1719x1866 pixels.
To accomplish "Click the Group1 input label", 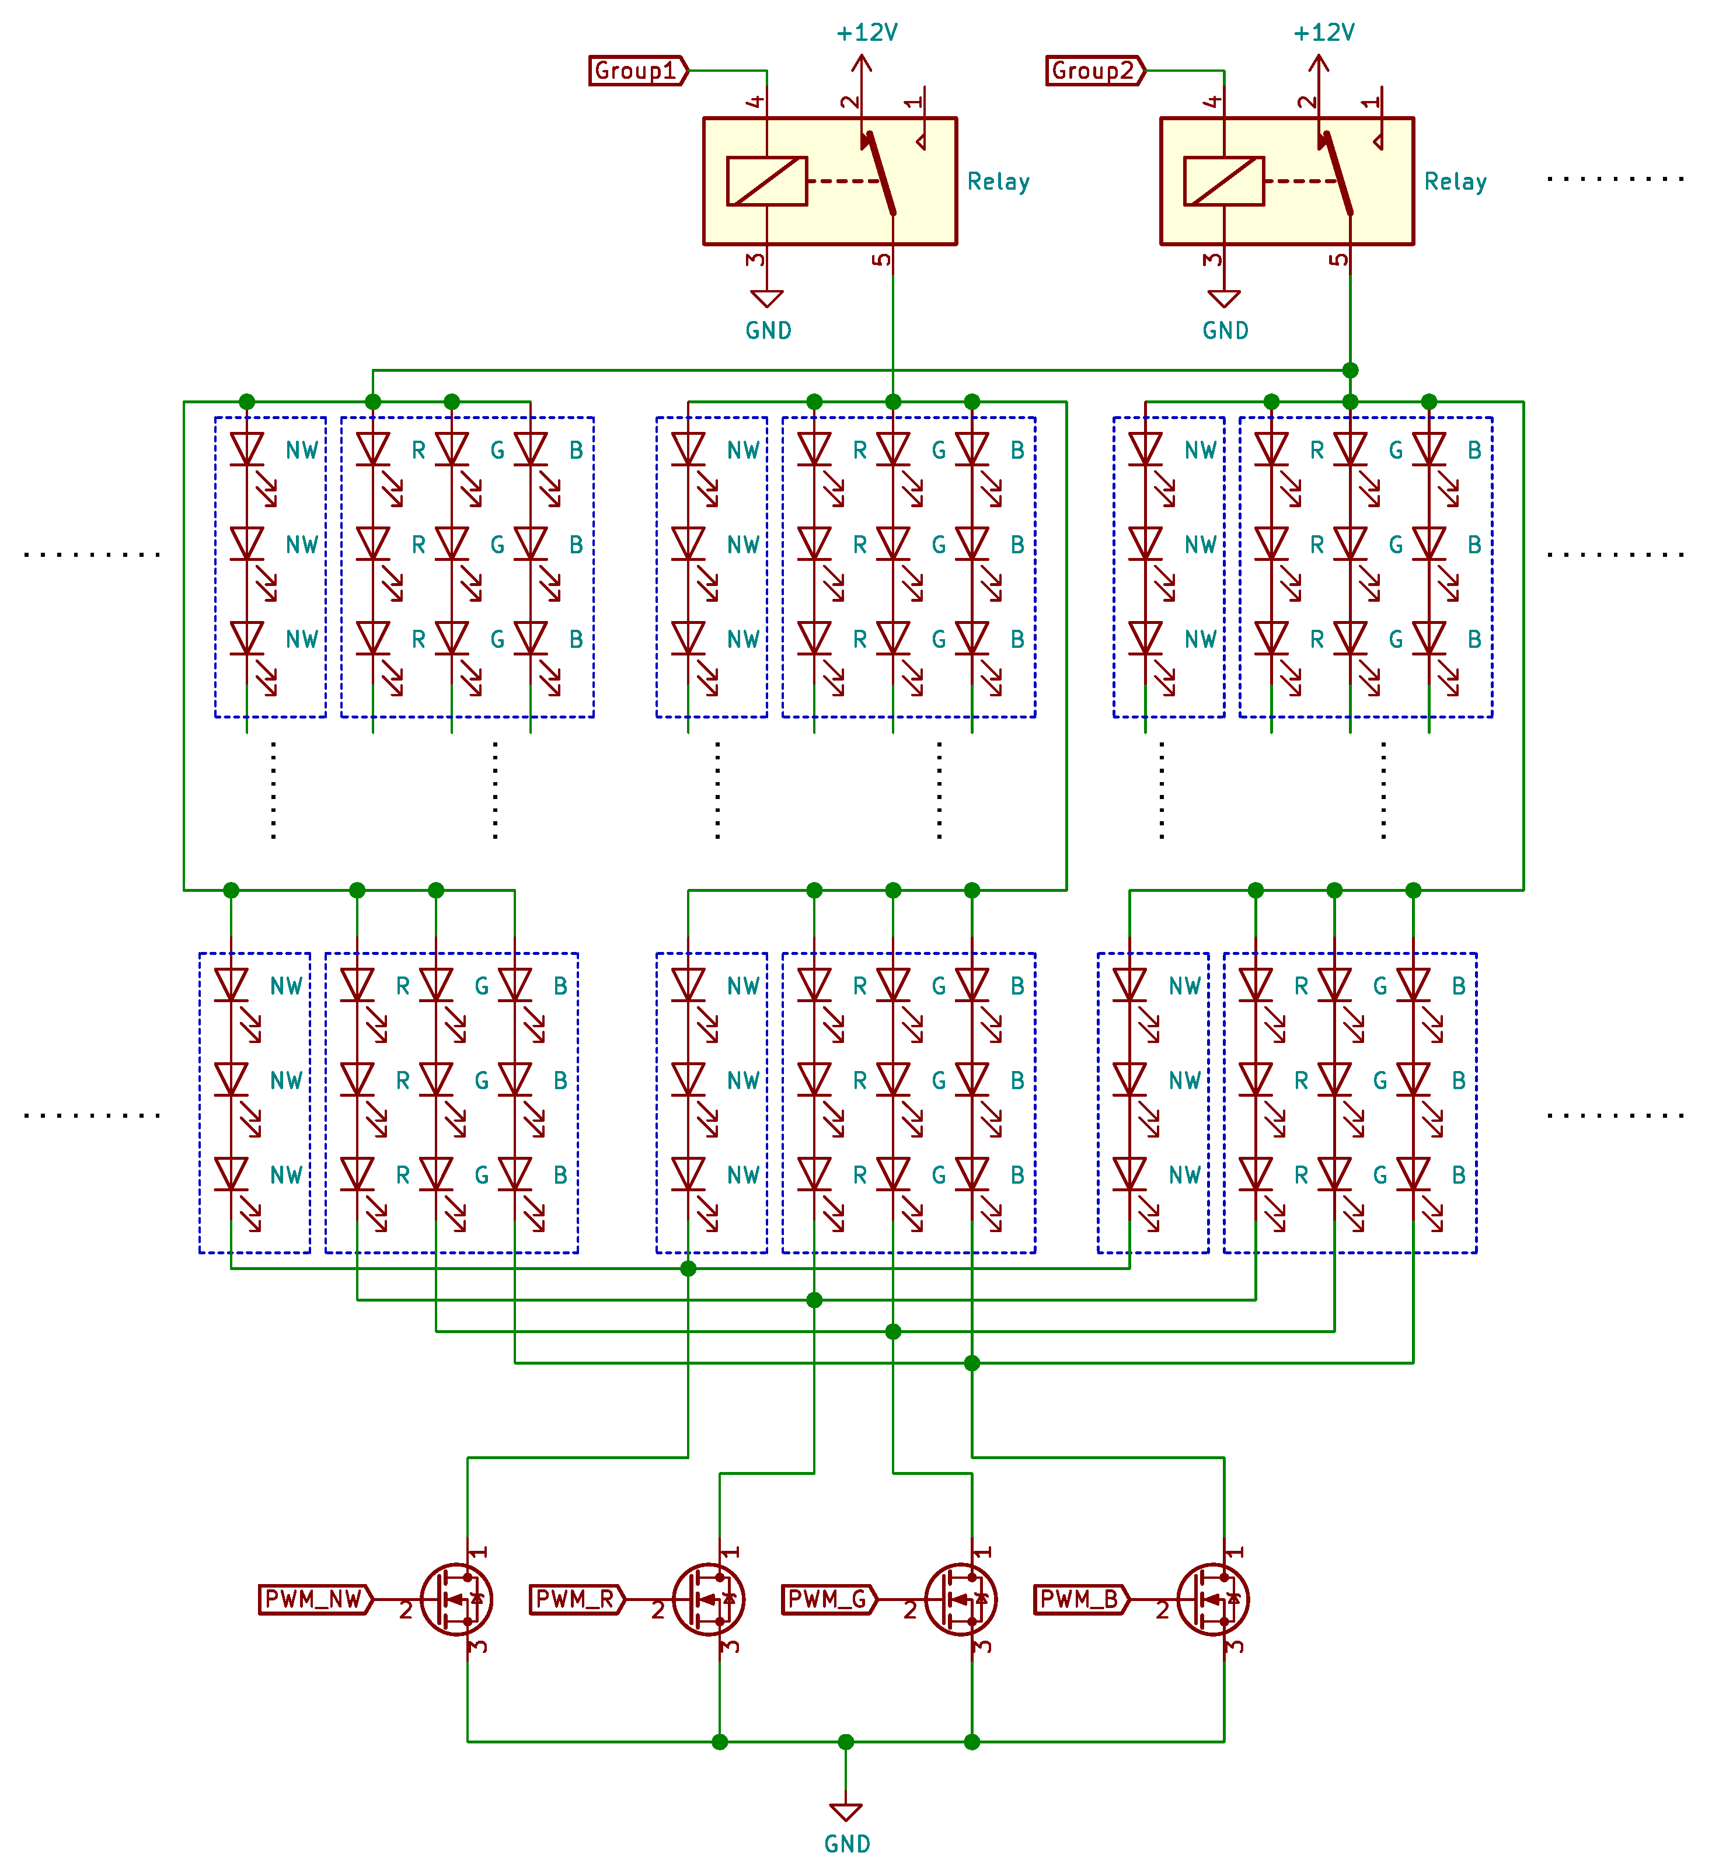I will click(637, 71).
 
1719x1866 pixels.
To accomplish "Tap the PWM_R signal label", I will click(576, 1599).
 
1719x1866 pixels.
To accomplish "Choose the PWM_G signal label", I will click(828, 1599).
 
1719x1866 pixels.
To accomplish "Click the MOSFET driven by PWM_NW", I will click(456, 1599).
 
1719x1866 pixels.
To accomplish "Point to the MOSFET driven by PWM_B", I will click(1213, 1599).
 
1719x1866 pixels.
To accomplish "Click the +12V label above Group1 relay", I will click(866, 33).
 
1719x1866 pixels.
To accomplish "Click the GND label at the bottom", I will click(846, 1844).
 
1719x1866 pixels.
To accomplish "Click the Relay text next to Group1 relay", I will click(998, 182).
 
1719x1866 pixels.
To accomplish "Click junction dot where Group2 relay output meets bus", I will click(1350, 370).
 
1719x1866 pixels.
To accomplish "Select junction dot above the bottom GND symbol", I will click(846, 1741).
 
